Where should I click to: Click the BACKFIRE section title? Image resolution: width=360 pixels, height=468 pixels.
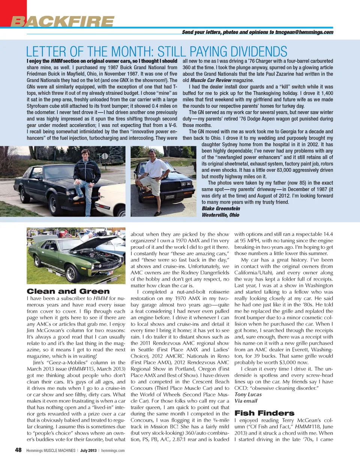pyautogui.click(x=62, y=22)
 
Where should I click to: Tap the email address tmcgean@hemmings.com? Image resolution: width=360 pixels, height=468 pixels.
pyautogui.click(x=304, y=32)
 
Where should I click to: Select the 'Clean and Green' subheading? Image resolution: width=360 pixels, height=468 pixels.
pyautogui.click(x=68, y=291)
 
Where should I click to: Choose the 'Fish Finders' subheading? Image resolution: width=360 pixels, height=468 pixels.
pyautogui.click(x=264, y=413)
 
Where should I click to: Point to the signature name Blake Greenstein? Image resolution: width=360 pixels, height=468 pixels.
pyautogui.click(x=221, y=209)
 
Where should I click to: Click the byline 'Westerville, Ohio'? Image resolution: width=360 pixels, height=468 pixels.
pyautogui.click(x=220, y=215)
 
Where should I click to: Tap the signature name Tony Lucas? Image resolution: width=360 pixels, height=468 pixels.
pyautogui.click(x=248, y=394)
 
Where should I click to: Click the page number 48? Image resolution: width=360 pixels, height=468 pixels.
pyautogui.click(x=18, y=450)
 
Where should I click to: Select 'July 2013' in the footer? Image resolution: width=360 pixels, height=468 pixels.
pyautogui.click(x=88, y=450)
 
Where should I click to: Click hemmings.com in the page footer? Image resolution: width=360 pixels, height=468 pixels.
pyautogui.click(x=113, y=450)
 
